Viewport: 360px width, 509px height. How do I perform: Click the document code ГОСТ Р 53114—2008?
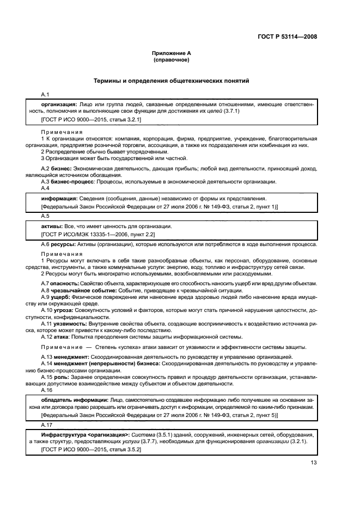[288, 36]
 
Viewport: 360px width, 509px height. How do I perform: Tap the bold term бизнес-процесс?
[71, 181]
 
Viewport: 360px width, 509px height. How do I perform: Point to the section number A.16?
[48, 390]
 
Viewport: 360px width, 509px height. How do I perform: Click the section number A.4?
[46, 188]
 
